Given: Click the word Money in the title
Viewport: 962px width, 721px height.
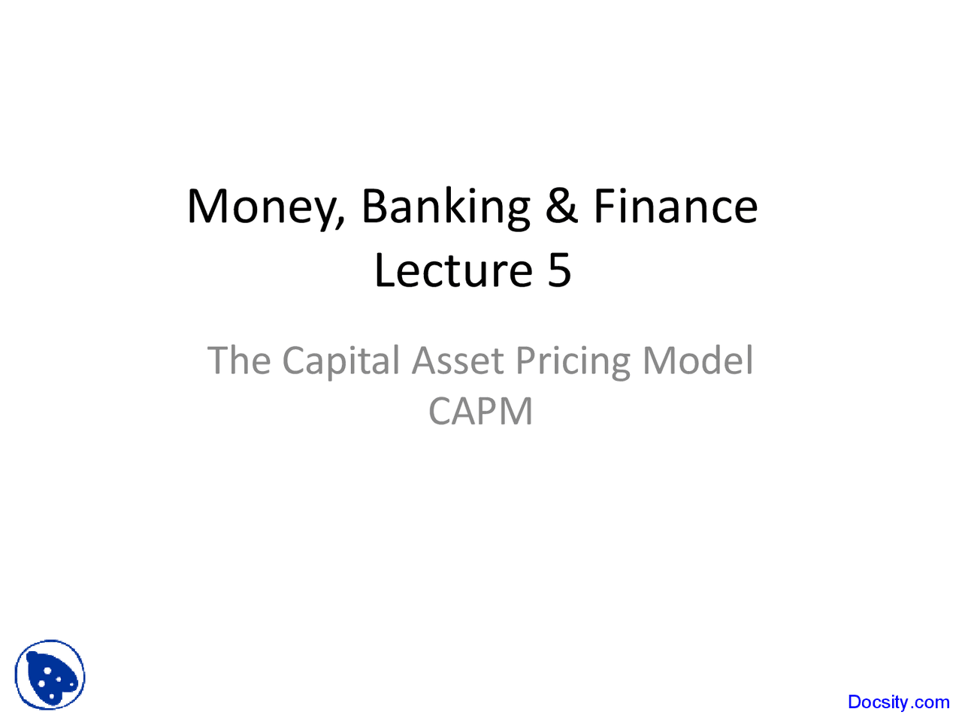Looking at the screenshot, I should click(262, 207).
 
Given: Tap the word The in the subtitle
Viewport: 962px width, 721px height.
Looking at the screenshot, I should click(238, 360).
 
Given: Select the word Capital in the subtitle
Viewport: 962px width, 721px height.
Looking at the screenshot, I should click(341, 362).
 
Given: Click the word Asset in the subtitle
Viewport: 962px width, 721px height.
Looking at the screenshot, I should click(458, 360).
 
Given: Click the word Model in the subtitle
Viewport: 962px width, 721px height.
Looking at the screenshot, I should click(697, 360).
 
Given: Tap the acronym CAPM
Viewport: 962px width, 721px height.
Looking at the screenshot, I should click(480, 412).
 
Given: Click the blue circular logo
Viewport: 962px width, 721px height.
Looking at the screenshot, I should click(50, 675).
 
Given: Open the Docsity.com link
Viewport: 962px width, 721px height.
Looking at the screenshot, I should click(898, 702).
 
